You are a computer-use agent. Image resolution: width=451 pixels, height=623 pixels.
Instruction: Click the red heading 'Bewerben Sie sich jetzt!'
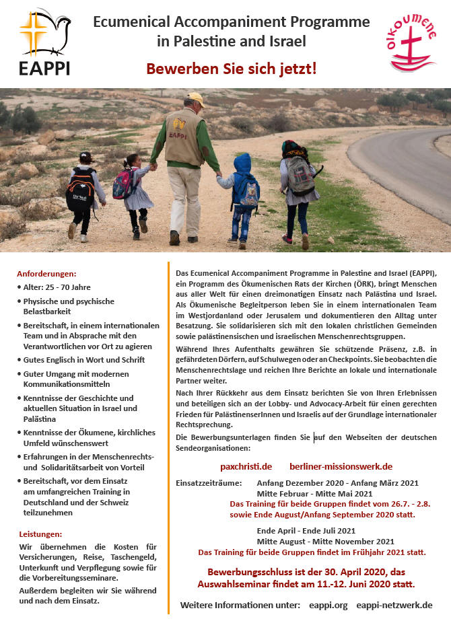coord(232,69)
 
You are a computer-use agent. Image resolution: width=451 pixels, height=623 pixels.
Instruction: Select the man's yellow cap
coord(196,99)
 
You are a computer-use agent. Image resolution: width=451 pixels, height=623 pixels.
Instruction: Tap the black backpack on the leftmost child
coord(81,189)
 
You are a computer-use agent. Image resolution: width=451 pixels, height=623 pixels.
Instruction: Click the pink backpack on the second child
coord(125,183)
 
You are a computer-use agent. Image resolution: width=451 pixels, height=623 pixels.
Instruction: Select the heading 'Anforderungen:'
coord(47,274)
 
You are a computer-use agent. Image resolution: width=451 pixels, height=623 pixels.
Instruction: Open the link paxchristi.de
coord(246,466)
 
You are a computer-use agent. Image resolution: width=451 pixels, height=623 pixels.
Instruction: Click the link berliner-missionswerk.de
coord(341,466)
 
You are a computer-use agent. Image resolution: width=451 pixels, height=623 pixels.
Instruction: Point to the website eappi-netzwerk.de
coord(394,605)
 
